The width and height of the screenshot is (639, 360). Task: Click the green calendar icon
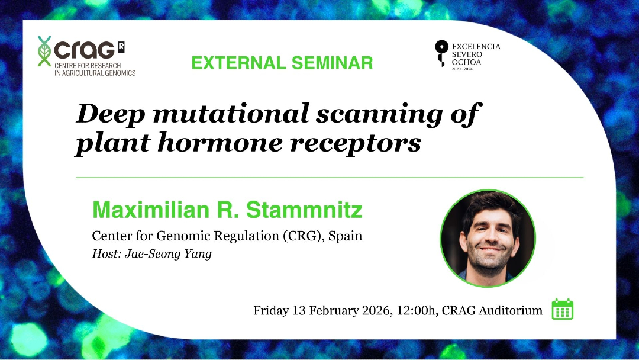pos(563,309)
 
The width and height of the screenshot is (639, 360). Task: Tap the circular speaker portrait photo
pos(488,238)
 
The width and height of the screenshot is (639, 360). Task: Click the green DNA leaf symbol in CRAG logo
pos(44,51)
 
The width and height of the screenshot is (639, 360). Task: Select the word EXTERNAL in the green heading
pos(239,63)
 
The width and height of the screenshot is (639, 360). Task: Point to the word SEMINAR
pos(332,63)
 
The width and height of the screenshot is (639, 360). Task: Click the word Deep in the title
pos(111,114)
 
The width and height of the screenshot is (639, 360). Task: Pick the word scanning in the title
pos(379,114)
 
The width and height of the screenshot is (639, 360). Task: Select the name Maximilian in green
pos(151,210)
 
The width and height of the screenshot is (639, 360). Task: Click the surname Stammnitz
pos(304,210)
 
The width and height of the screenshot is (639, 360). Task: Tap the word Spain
pos(345,236)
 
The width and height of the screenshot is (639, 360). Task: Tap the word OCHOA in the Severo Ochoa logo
pos(466,62)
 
